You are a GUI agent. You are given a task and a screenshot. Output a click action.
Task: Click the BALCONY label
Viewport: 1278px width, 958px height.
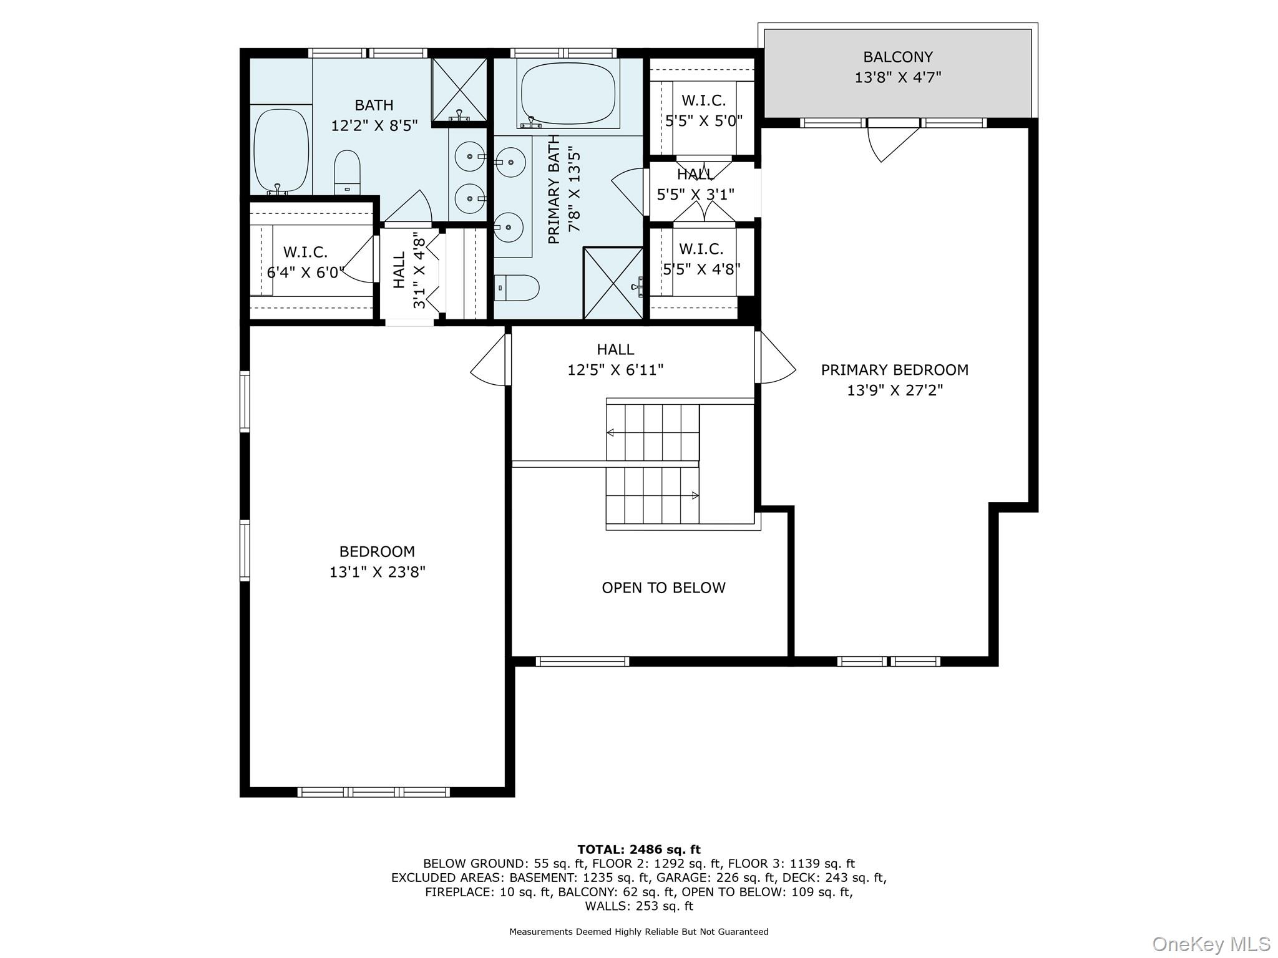coord(897,57)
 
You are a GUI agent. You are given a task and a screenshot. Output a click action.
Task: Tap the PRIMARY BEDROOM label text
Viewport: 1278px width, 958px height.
coord(894,370)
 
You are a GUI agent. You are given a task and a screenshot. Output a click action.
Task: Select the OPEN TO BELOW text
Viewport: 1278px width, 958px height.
coord(663,588)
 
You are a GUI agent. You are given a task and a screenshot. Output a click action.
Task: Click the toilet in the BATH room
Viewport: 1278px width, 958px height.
coord(348,173)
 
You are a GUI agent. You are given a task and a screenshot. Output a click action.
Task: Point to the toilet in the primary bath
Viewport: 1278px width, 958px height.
coord(517,288)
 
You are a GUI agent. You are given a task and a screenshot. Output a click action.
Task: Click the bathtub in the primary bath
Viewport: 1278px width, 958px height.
coord(568,94)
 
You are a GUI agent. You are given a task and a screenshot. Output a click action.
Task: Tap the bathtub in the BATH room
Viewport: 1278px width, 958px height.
coord(281,150)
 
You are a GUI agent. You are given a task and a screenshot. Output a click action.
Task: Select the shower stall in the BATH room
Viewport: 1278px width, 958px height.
coord(459,89)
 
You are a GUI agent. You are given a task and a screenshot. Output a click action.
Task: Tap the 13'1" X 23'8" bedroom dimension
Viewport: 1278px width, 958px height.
coord(378,572)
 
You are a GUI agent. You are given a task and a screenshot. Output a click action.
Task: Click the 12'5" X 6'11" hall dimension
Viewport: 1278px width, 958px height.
coord(615,370)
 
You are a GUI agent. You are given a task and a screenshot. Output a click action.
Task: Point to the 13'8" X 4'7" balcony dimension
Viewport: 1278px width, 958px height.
coord(897,77)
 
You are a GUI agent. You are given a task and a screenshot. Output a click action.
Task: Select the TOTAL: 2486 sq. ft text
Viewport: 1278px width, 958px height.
coord(639,849)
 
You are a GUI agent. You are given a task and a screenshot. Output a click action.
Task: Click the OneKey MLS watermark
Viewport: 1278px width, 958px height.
coord(1211,944)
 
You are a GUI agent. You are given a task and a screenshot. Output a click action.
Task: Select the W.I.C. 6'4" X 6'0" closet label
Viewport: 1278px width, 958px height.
coord(306,263)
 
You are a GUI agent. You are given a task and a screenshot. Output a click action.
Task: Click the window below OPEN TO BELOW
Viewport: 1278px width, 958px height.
coord(582,662)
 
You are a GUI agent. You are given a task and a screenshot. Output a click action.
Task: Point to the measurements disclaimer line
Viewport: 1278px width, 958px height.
coord(639,932)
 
